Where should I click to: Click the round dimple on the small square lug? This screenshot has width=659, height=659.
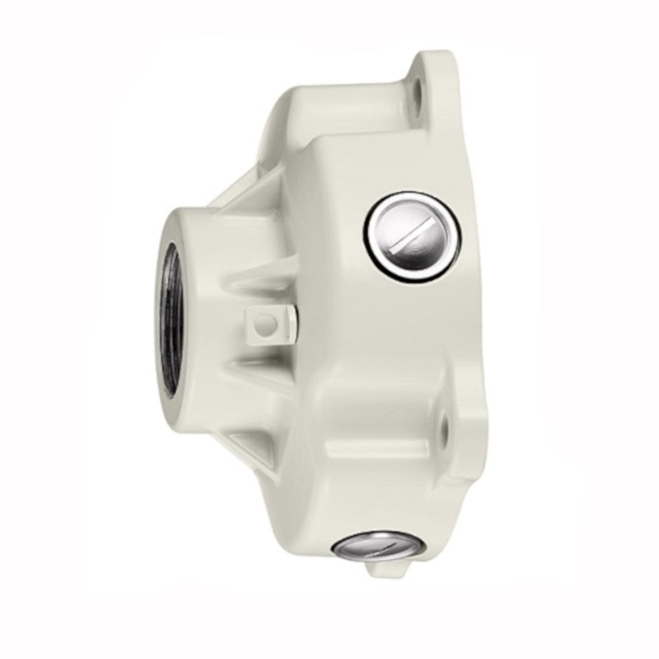click(264, 322)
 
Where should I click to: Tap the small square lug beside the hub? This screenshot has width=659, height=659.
click(269, 322)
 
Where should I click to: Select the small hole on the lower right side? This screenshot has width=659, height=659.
click(445, 425)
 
